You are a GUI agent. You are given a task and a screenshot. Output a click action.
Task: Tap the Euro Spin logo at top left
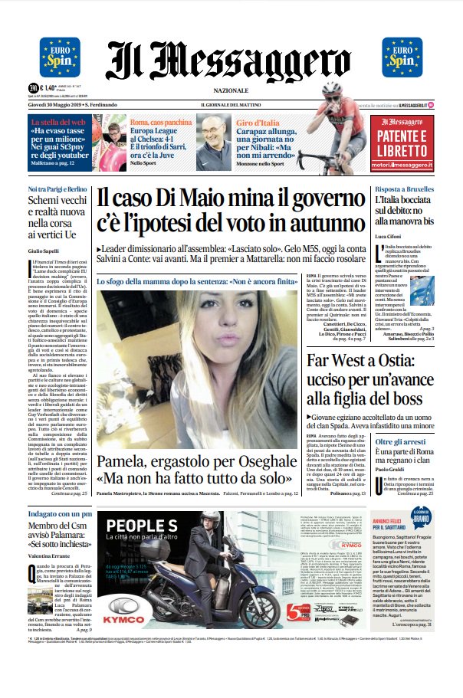tap(59, 55)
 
